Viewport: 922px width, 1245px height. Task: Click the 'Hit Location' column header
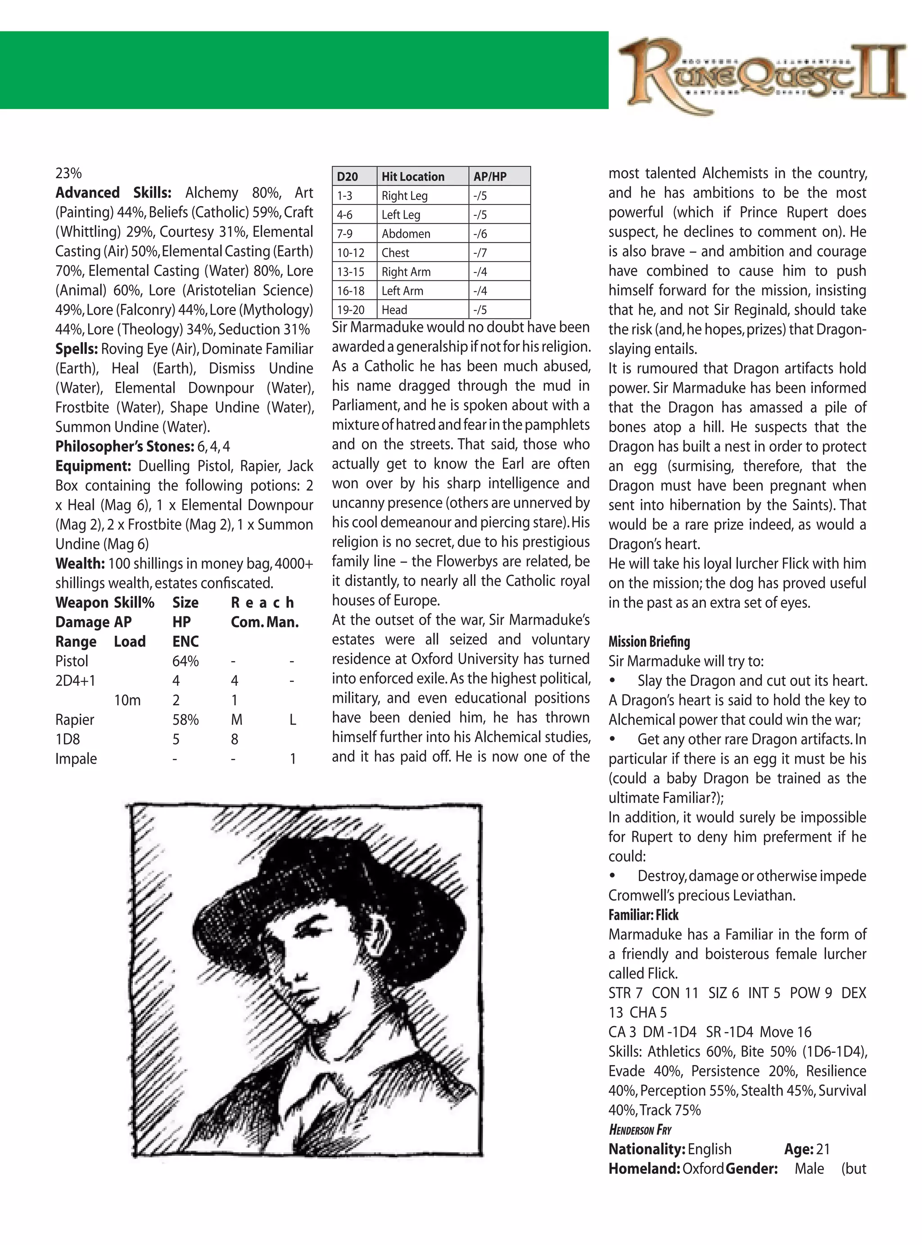(x=413, y=177)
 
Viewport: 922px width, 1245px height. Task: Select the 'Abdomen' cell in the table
(x=406, y=234)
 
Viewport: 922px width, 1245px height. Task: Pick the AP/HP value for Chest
(x=480, y=253)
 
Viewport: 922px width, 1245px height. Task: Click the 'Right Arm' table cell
(x=406, y=272)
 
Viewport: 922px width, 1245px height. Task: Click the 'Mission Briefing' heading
(x=649, y=641)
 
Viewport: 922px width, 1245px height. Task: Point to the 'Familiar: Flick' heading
(x=643, y=915)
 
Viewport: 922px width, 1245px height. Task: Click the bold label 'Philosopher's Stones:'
(x=124, y=446)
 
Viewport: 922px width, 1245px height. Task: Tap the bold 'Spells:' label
(x=77, y=349)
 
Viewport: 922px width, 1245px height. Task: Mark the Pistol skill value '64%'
(x=185, y=661)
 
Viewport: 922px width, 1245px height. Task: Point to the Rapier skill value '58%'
(x=185, y=720)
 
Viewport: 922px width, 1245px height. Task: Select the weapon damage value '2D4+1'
(x=75, y=681)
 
